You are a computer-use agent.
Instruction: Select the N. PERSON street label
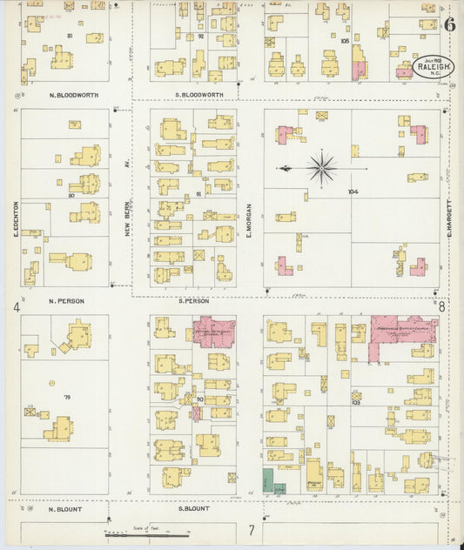click(66, 301)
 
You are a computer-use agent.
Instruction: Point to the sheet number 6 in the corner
click(449, 24)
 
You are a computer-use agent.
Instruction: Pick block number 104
click(352, 191)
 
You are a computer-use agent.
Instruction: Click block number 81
click(69, 36)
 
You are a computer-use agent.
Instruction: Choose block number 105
click(344, 41)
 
